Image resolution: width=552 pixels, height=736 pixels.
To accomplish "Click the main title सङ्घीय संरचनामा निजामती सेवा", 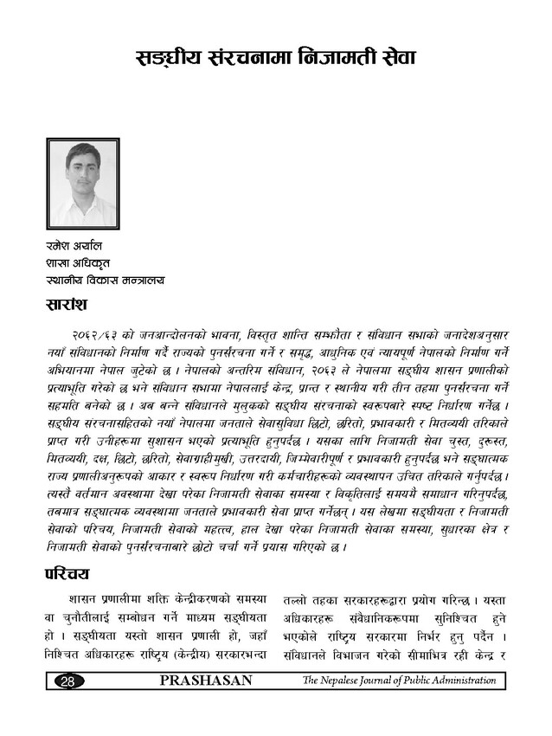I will (x=277, y=58).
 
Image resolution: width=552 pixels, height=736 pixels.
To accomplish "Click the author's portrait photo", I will (x=82, y=184).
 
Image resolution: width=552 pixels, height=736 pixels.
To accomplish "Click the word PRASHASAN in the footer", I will (x=207, y=681).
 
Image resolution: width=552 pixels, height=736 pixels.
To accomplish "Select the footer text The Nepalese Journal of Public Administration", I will (x=399, y=681).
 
